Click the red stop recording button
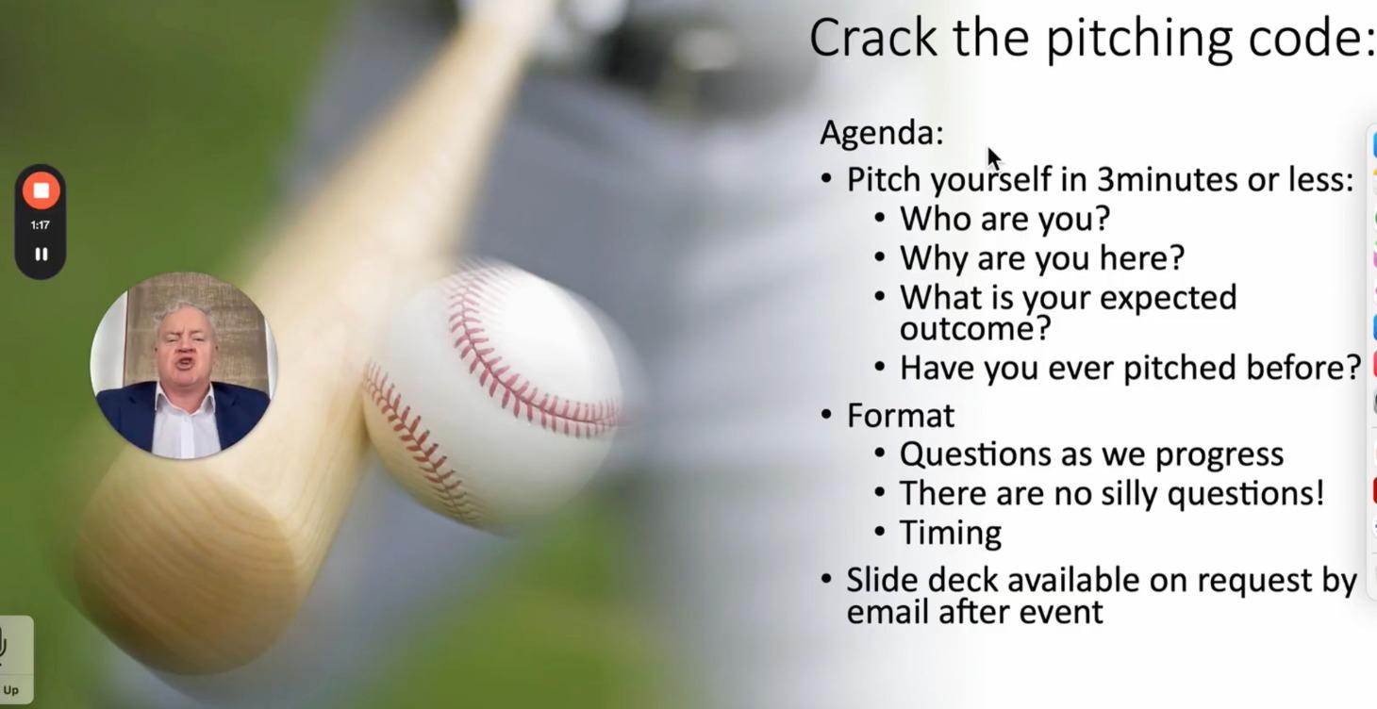[x=41, y=190]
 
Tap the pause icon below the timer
[x=41, y=254]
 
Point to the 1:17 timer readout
[x=40, y=225]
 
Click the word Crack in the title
[x=872, y=38]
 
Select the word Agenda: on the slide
[x=881, y=133]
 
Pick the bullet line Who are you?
[x=1004, y=219]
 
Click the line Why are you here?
[x=1041, y=257]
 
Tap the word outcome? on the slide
[x=974, y=328]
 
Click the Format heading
[x=900, y=416]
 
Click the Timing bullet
[x=950, y=533]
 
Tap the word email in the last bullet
[x=888, y=612]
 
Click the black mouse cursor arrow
[x=993, y=157]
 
